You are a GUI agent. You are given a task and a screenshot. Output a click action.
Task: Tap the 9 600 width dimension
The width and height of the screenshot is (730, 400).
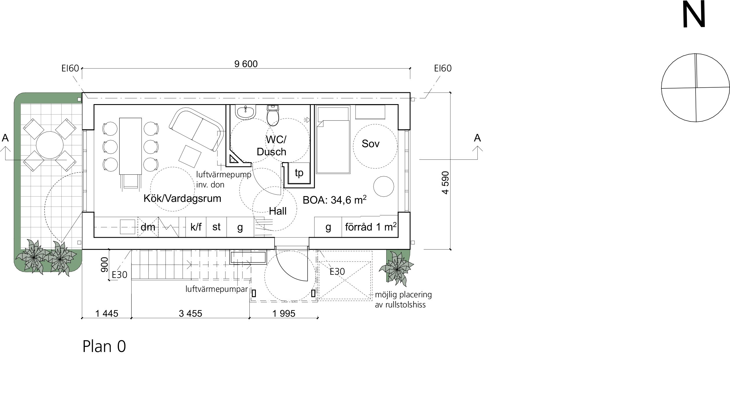[x=246, y=64]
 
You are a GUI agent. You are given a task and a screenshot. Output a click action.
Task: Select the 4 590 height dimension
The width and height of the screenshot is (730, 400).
[x=446, y=183]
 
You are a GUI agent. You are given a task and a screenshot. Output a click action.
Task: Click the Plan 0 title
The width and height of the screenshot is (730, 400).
[x=104, y=346]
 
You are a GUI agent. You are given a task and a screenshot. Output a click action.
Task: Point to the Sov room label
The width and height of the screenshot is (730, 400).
[x=370, y=144]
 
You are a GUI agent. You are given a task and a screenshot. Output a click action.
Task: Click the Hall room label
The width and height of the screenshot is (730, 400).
[x=278, y=211]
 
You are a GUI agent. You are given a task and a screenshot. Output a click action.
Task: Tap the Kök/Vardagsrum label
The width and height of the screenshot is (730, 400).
[x=182, y=198]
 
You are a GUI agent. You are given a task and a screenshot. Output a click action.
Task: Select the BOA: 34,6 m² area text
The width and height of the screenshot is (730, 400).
[x=335, y=200]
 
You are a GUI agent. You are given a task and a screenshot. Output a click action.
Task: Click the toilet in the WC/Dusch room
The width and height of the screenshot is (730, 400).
[x=273, y=115]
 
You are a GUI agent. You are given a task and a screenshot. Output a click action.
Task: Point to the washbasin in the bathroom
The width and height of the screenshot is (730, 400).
[x=246, y=112]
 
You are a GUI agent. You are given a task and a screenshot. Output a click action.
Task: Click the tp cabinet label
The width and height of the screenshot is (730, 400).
[x=299, y=173]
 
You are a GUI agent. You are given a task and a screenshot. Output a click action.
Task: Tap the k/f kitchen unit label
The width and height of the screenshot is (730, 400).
[x=196, y=227]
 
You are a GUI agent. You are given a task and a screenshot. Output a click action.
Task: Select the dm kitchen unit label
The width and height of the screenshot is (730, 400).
[x=148, y=227]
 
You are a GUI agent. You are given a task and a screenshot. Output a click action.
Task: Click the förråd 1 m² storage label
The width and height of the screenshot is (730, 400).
[x=371, y=227]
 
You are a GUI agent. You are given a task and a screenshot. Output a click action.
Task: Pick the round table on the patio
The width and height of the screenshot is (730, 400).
[x=50, y=145]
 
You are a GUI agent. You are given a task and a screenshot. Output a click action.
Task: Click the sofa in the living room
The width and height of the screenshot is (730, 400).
[x=196, y=129]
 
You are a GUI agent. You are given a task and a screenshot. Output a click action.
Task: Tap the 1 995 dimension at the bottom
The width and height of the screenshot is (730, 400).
[x=284, y=314]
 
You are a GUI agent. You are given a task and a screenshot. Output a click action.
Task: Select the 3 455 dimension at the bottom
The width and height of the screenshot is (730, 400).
[x=190, y=314]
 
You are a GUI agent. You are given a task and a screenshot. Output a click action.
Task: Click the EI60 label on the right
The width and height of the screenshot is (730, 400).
[x=443, y=69]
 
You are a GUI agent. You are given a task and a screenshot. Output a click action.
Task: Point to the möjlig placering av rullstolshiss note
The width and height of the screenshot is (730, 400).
[x=403, y=300]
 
